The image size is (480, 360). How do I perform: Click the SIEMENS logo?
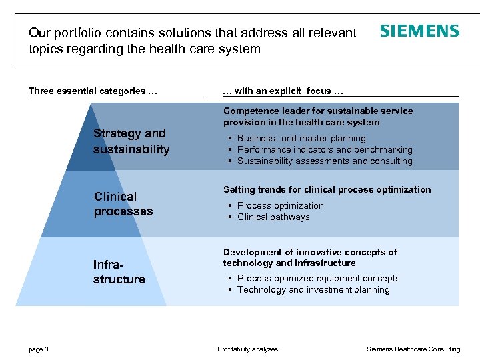click(419, 31)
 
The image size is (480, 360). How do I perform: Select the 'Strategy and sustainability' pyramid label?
click(131, 141)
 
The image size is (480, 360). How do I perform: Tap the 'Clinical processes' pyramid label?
click(123, 204)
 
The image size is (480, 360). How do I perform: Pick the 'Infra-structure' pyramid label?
click(119, 272)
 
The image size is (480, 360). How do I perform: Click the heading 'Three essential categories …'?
click(93, 91)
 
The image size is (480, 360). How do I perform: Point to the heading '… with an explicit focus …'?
click(282, 91)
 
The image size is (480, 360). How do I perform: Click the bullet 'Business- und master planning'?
click(301, 139)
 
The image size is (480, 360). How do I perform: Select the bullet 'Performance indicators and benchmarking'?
click(325, 150)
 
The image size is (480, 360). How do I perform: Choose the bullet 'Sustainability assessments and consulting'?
click(325, 161)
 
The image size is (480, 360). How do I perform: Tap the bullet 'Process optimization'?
click(280, 206)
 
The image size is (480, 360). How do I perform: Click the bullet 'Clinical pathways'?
click(273, 217)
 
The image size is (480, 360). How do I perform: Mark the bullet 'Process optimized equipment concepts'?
click(318, 279)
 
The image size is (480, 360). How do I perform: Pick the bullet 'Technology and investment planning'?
click(313, 290)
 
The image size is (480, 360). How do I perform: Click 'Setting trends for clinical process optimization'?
click(327, 190)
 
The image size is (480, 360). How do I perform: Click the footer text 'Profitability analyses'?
click(247, 349)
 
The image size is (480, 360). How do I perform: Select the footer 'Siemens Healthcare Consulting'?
click(413, 349)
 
